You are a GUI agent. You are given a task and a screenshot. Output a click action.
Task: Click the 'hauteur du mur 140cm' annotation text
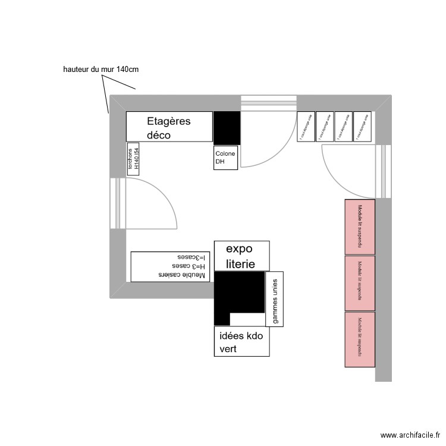pyautogui.click(x=100, y=70)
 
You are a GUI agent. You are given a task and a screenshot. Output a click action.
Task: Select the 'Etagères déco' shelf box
pyautogui.click(x=169, y=127)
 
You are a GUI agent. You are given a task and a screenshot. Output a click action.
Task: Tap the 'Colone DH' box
pyautogui.click(x=226, y=158)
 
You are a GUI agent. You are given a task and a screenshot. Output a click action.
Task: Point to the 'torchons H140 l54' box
pyautogui.click(x=133, y=159)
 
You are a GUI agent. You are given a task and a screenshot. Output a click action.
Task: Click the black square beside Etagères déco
pyautogui.click(x=227, y=127)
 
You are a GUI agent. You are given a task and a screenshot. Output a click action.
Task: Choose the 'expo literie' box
pyautogui.click(x=241, y=256)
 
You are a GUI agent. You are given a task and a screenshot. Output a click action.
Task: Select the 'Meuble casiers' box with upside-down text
pyautogui.click(x=171, y=266)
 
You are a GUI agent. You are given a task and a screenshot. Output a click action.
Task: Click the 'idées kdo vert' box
pyautogui.click(x=241, y=341)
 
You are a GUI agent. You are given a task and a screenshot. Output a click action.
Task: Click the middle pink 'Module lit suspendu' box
pyautogui.click(x=360, y=283)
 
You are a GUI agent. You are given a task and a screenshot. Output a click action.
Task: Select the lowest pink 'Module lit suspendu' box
pyautogui.click(x=360, y=339)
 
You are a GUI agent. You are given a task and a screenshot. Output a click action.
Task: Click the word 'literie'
pyautogui.click(x=240, y=264)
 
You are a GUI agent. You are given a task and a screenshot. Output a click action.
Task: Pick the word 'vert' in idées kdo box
pyautogui.click(x=228, y=349)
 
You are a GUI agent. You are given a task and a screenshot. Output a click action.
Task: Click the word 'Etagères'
pyautogui.click(x=169, y=121)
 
